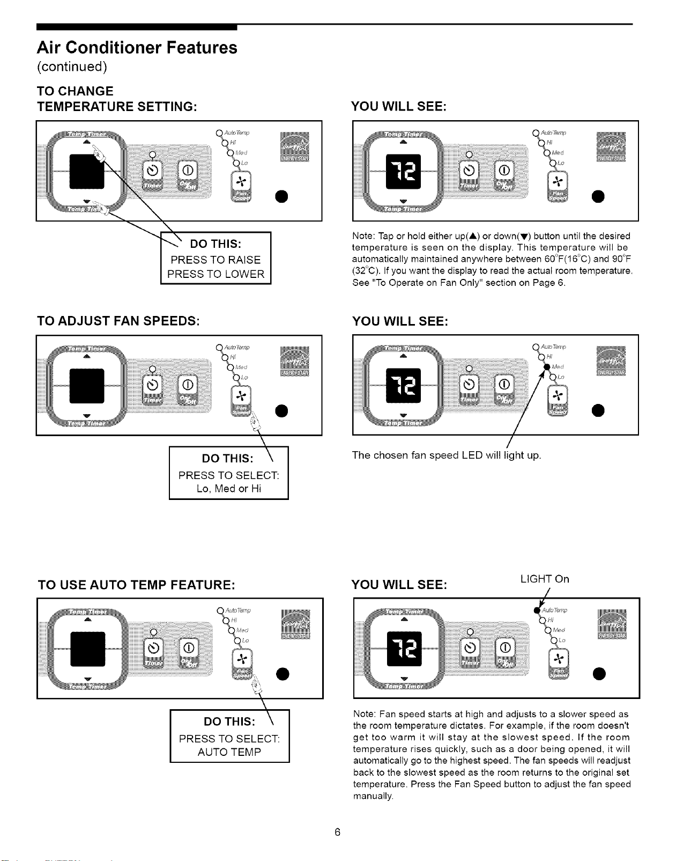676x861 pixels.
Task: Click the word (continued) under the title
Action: click(x=72, y=67)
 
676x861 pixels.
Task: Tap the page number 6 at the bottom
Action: click(x=337, y=832)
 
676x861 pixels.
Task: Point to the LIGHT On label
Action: click(x=544, y=579)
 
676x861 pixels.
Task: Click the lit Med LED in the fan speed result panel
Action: click(x=547, y=367)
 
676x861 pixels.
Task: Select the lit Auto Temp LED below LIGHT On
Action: click(x=537, y=610)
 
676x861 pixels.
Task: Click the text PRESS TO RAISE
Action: click(x=216, y=260)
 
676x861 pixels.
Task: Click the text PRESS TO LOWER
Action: click(x=216, y=274)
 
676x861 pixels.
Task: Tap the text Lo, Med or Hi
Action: click(x=229, y=489)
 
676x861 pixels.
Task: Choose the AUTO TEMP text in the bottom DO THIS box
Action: click(x=229, y=752)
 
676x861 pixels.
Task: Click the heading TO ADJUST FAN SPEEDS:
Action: click(x=118, y=321)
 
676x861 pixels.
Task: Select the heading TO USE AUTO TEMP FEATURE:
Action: click(x=137, y=585)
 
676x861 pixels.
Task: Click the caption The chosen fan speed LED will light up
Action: click(x=447, y=455)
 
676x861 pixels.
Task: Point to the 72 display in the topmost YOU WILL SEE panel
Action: click(x=404, y=171)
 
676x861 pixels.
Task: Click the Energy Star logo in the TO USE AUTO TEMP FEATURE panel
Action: click(x=295, y=625)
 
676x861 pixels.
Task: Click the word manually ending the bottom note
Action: click(x=373, y=796)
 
